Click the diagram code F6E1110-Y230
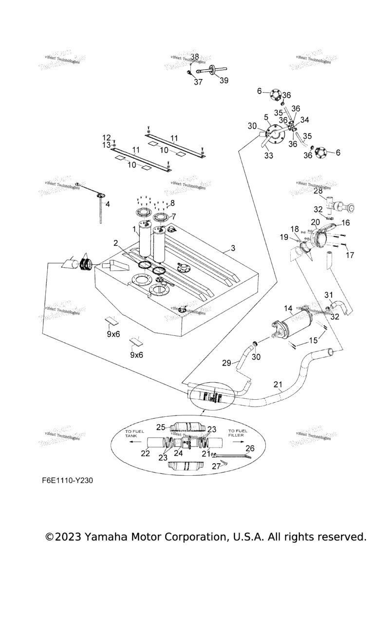click(67, 480)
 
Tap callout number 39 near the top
click(224, 80)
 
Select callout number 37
click(198, 82)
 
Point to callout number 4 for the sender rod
click(108, 204)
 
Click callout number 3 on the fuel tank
click(233, 248)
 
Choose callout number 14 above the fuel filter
click(288, 308)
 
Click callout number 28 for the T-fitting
click(318, 191)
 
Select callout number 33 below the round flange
click(268, 156)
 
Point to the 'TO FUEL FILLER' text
click(239, 433)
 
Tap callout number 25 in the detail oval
click(161, 427)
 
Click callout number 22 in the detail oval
click(145, 453)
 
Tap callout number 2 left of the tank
click(116, 243)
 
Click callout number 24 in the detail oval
click(179, 453)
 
